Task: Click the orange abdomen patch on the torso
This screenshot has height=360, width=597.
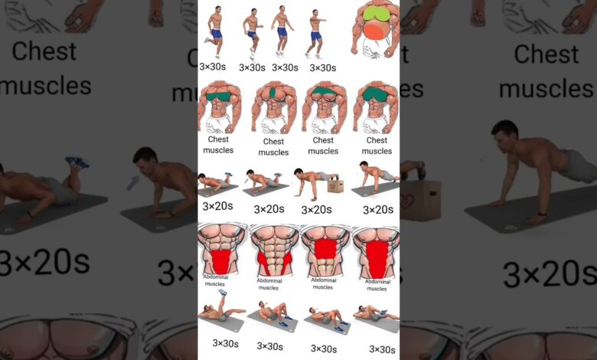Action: coord(376,30)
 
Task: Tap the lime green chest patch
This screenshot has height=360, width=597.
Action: coord(377,14)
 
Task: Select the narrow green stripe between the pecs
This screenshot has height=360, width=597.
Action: coord(272,93)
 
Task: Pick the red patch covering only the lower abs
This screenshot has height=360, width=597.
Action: coord(221,261)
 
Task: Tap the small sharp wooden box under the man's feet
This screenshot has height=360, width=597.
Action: coord(335,185)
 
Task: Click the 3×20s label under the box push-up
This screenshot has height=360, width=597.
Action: coord(316,210)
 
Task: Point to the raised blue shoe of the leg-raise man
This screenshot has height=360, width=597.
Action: coord(223,292)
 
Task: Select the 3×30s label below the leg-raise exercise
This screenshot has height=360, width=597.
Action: coord(225,343)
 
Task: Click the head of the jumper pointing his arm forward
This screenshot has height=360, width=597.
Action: coord(315,13)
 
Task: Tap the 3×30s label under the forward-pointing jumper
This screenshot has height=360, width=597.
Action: coord(323,68)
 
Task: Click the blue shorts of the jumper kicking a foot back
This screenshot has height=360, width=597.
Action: coord(217,34)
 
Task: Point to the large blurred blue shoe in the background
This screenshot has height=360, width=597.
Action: coord(77,162)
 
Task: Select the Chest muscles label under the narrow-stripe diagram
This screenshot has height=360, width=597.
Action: coord(273,146)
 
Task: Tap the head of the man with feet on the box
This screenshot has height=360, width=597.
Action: coord(298,172)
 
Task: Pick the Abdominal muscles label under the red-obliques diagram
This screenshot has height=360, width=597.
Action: coord(269,284)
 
